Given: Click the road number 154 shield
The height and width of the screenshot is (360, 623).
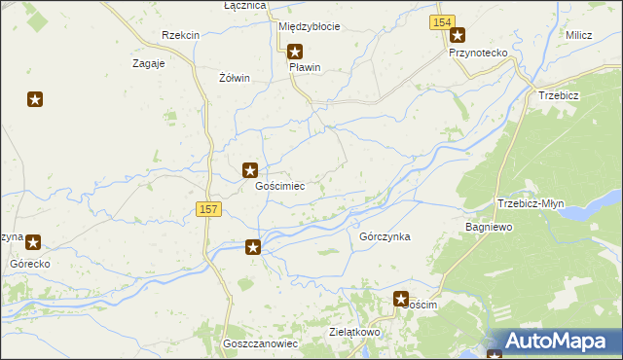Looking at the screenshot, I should click(442, 22).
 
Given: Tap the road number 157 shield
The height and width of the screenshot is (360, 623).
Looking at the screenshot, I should click(208, 209).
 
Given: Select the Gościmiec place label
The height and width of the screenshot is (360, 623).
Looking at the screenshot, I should click(279, 186).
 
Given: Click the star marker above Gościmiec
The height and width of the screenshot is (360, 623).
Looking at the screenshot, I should click(250, 170).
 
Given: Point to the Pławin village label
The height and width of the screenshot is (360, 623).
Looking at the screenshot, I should click(304, 68).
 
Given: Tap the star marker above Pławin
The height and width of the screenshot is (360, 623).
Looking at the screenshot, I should click(295, 52).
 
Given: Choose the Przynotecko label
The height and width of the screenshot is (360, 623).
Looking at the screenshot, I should click(475, 54).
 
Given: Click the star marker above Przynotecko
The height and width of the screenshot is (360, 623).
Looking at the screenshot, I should click(458, 36).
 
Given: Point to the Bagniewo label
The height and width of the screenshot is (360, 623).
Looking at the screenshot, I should click(489, 226).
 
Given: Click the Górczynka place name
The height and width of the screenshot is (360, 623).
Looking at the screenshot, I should click(385, 236).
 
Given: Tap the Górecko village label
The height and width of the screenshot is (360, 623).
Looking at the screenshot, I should click(30, 264).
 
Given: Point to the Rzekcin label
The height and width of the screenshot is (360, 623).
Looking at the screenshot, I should click(181, 35).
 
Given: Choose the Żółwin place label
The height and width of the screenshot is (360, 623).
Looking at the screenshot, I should click(235, 78).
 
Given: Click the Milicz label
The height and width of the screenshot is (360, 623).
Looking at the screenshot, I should click(578, 35).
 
